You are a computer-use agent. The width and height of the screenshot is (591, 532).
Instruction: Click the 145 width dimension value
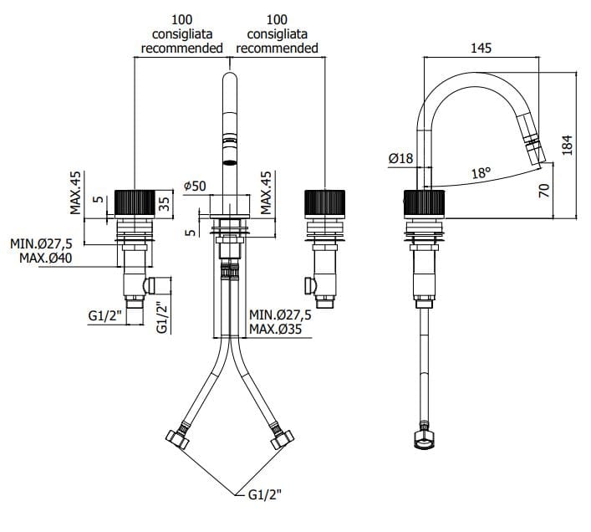(480, 49)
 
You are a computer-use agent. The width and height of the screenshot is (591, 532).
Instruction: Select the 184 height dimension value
(568, 146)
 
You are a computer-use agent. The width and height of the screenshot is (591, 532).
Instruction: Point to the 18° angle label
(480, 173)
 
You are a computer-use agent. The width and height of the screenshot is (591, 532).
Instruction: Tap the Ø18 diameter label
(400, 158)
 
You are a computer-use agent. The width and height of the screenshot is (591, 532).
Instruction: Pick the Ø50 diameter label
(194, 185)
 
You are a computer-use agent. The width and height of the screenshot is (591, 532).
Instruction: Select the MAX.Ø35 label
(280, 330)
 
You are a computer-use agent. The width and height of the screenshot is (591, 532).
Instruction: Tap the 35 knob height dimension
(166, 202)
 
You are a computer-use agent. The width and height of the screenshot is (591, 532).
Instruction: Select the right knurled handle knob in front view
(324, 204)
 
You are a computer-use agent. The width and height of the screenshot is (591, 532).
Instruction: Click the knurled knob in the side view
(425, 204)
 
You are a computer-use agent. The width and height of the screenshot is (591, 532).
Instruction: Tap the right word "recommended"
(277, 49)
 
